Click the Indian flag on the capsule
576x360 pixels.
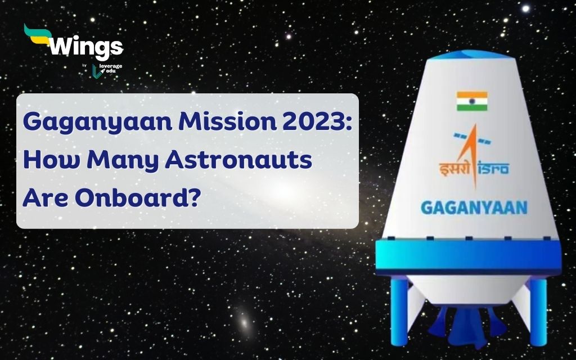click(471, 101)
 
